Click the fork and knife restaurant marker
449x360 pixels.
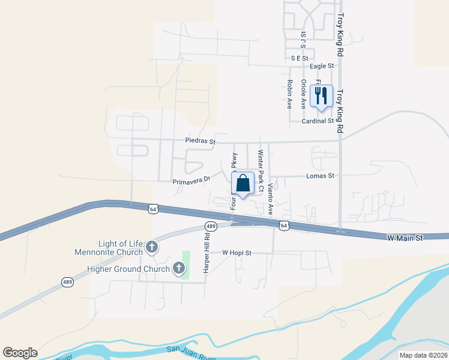click(321, 96)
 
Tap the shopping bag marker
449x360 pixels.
click(243, 184)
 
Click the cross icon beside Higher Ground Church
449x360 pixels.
click(179, 269)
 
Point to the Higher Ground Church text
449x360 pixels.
click(128, 269)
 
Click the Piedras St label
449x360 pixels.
click(200, 142)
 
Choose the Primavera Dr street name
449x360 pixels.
click(191, 179)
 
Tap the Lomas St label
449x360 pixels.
click(324, 176)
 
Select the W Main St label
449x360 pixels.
click(405, 238)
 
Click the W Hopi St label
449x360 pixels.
click(237, 253)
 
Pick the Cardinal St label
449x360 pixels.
click(318, 121)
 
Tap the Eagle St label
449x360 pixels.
click(322, 66)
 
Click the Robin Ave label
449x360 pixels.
click(289, 94)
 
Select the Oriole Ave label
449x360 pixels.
click(304, 94)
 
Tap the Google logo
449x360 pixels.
click(20, 353)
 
